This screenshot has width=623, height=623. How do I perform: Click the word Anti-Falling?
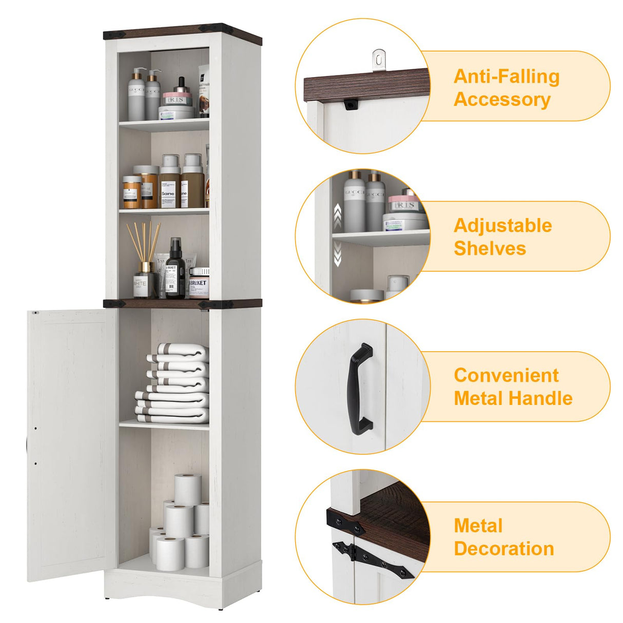click(506, 76)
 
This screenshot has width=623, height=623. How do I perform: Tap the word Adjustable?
click(502, 226)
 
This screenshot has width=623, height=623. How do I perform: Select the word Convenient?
click(506, 376)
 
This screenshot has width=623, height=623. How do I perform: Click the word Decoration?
click(503, 549)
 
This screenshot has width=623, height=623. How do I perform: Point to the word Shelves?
click(490, 248)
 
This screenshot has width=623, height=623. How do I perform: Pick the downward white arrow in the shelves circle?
click(338, 254)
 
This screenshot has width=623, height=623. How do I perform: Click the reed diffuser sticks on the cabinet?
click(143, 241)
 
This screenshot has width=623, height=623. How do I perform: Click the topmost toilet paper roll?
click(187, 489)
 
